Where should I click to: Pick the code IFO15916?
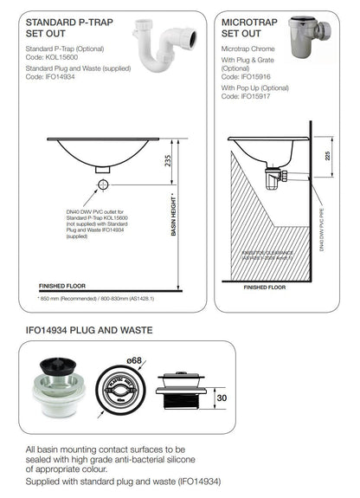click(x=252, y=76)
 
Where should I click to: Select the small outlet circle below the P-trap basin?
click(x=103, y=185)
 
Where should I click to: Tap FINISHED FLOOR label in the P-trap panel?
click(x=63, y=284)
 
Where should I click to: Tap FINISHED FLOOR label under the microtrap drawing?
click(x=264, y=287)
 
